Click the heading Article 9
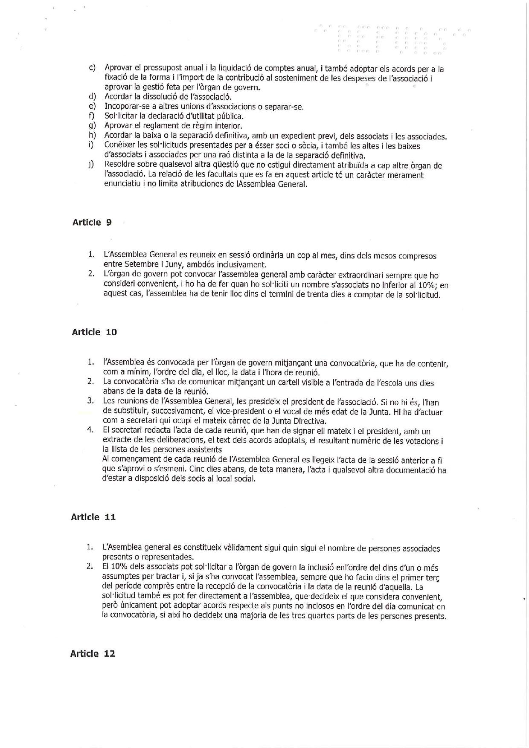point(92,222)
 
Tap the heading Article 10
point(94,332)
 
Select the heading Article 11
point(93,517)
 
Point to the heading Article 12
point(93,654)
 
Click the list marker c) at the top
point(92,68)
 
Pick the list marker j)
point(91,165)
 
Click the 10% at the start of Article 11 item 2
point(121,568)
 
